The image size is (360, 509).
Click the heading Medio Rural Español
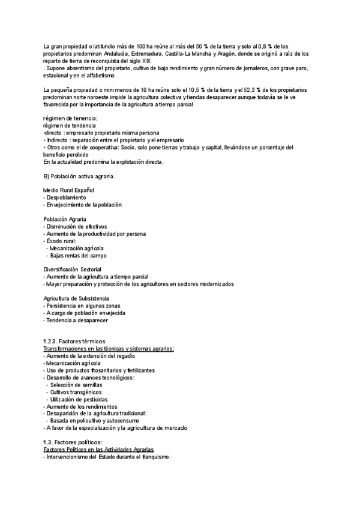pos(69,190)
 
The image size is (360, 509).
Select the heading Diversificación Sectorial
pos(72,270)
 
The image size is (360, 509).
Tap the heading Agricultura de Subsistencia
pos(76,298)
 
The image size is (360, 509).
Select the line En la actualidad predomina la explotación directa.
pos(103,161)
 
